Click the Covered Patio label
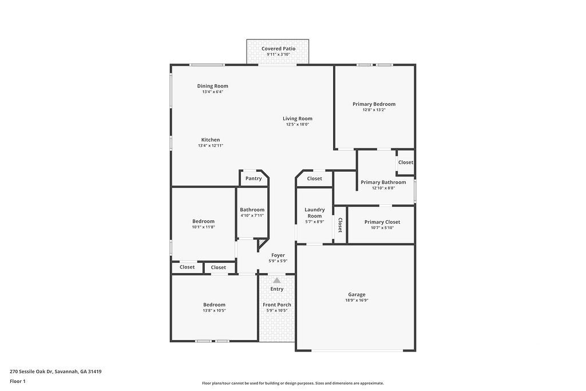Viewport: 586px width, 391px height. coord(279,49)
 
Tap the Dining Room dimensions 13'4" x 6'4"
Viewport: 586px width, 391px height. coord(212,92)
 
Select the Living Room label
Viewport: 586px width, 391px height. coord(297,119)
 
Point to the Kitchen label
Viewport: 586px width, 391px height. coord(210,140)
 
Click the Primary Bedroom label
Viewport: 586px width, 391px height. coord(374,104)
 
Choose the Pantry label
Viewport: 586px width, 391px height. coord(254,178)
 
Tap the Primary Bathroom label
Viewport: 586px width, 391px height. coord(383,182)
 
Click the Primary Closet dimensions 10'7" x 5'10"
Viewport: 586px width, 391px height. coord(382,227)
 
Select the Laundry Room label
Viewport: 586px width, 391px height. coord(314,212)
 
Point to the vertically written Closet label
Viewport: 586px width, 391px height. coord(340,225)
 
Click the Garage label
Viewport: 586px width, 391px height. coord(357,294)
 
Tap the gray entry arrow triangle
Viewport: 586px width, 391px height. coord(277,281)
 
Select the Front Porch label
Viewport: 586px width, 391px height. coord(277,305)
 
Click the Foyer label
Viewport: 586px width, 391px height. coord(278,255)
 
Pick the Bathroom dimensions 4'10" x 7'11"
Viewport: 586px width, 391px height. coord(252,215)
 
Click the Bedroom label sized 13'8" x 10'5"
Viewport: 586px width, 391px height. coord(214,305)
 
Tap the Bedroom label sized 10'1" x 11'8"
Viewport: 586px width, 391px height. coord(203,221)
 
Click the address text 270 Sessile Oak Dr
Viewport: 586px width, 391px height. coord(31,371)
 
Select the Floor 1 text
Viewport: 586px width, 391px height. coord(18,381)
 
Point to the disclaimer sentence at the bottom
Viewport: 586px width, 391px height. coord(292,383)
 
